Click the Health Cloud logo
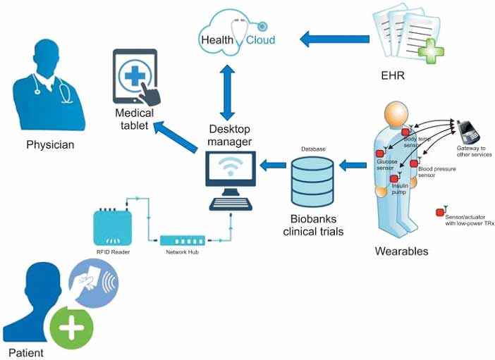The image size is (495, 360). tap(237, 33)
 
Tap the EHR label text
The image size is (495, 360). tap(393, 75)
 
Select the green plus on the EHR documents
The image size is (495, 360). tap(431, 51)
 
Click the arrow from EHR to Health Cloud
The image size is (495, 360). tap(334, 39)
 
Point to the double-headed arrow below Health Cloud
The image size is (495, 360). tap(228, 93)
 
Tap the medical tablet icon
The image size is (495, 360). tap(136, 77)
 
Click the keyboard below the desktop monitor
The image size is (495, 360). tap(231, 204)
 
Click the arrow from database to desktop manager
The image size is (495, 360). tap(273, 165)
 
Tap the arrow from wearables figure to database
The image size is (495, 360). tap(353, 165)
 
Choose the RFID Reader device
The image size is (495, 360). tap(113, 228)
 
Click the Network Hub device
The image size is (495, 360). tap(183, 241)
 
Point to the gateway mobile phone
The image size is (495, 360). tap(469, 132)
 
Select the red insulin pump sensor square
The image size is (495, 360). tap(394, 179)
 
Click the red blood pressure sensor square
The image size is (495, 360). tap(414, 163)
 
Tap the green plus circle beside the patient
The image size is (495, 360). tap(72, 328)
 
